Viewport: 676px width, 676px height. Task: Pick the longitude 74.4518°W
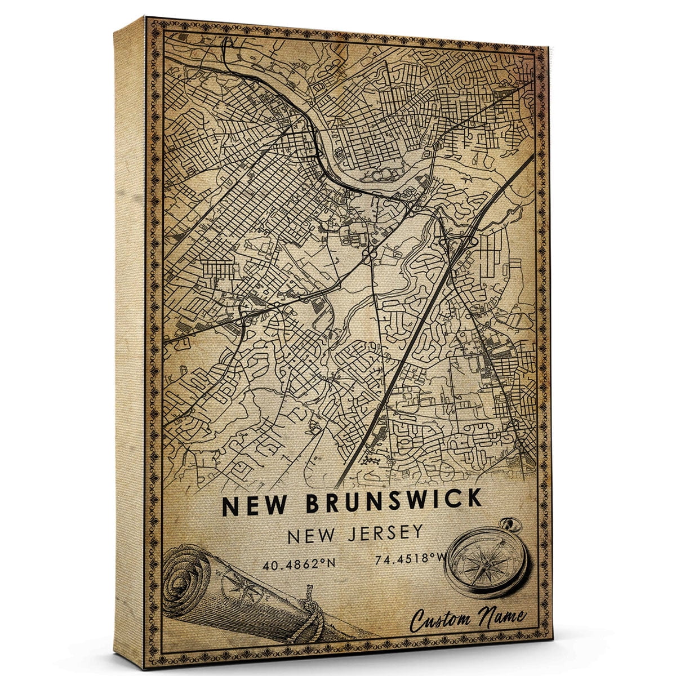[x=402, y=560]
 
